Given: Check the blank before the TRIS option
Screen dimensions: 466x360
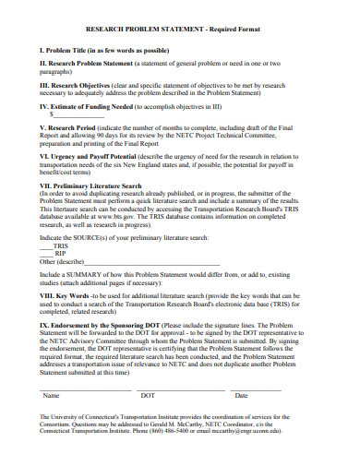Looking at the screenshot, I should [46, 246].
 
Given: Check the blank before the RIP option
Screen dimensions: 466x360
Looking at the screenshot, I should [46, 254].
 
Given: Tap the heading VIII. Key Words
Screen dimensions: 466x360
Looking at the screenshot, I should [65, 295].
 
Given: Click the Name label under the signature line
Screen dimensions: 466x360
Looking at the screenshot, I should [52, 396].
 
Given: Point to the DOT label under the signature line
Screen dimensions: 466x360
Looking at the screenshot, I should [148, 396].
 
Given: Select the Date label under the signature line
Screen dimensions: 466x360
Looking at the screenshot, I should [241, 396].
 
